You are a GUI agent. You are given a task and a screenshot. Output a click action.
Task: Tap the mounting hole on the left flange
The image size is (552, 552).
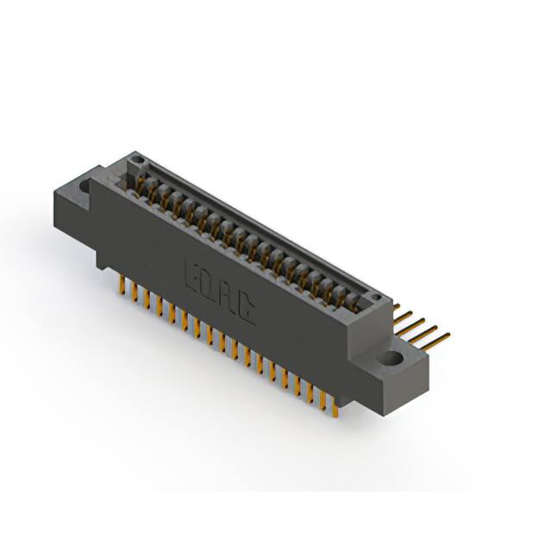(87, 184)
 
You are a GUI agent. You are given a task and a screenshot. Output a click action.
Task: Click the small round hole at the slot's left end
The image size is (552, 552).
(133, 161)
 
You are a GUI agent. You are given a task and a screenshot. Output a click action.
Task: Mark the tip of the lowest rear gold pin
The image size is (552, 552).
(448, 337)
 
